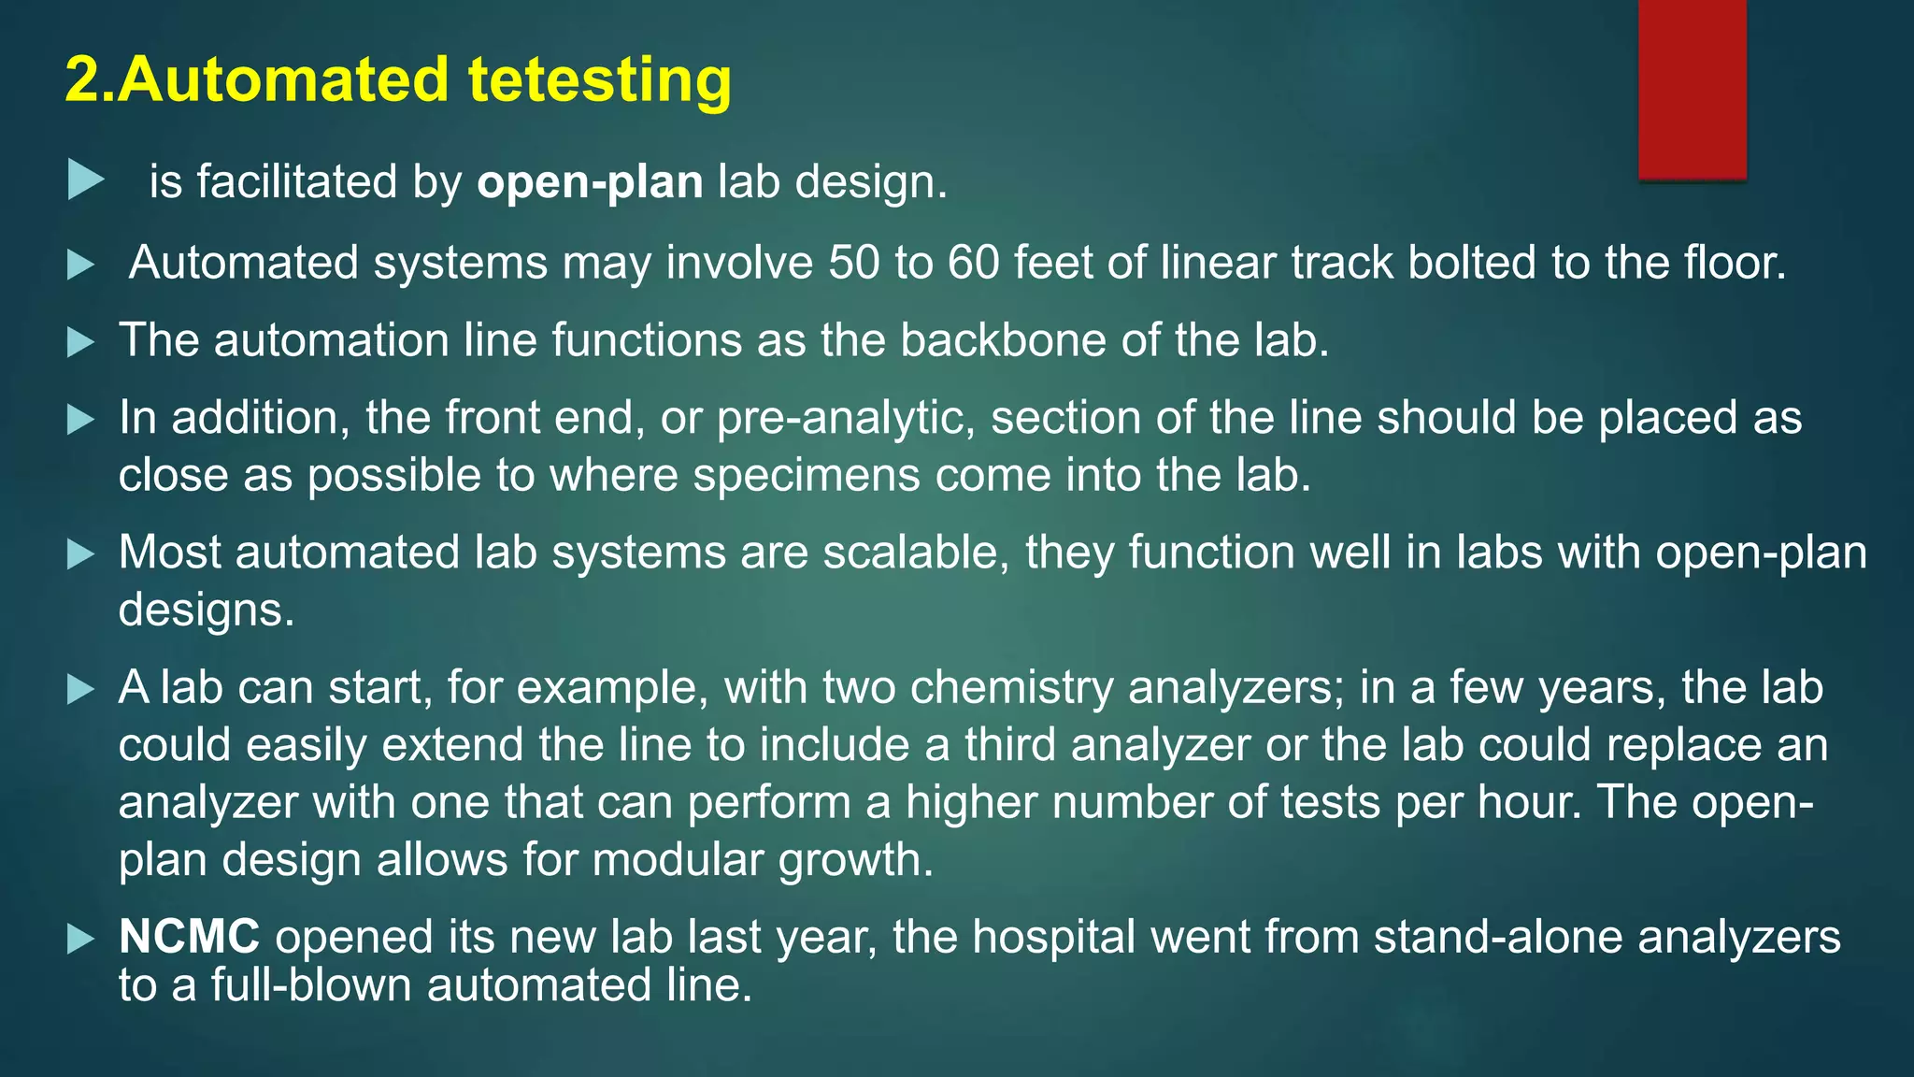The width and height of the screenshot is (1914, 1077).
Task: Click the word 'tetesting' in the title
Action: [599, 79]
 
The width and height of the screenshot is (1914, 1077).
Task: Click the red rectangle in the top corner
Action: [1692, 89]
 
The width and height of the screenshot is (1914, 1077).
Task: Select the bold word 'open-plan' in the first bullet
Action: [590, 182]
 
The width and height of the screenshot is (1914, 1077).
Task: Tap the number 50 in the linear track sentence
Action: [853, 263]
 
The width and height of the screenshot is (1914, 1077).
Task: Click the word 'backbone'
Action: [1003, 340]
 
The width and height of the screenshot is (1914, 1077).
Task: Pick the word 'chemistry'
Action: [1011, 688]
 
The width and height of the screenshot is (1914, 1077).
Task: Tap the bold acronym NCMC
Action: [189, 937]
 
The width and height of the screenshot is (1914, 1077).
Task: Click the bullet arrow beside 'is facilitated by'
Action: [85, 179]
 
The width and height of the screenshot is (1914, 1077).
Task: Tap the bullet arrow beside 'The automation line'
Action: [81, 342]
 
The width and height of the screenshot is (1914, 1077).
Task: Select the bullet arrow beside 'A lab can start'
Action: [81, 691]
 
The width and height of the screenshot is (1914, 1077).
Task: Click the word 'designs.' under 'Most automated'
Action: [207, 610]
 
